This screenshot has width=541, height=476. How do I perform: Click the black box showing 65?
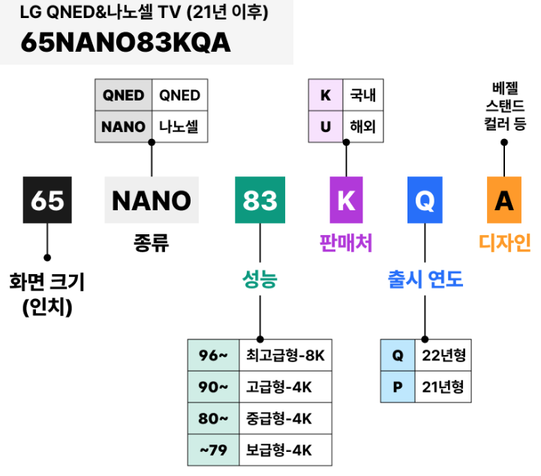click(x=47, y=200)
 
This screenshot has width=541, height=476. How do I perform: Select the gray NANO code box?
click(x=152, y=200)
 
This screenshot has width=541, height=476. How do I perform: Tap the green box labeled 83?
click(x=260, y=200)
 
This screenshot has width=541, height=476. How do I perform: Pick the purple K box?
click(x=346, y=200)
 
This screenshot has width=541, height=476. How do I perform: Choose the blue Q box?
click(x=425, y=200)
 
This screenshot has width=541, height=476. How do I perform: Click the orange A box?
click(x=504, y=200)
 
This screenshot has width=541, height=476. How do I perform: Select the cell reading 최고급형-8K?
click(x=285, y=355)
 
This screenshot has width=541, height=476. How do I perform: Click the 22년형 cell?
click(x=443, y=355)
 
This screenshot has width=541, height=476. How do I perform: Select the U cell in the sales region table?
click(x=326, y=126)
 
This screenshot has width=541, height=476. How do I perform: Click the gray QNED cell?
click(x=124, y=95)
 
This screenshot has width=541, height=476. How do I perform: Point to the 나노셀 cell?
click(x=179, y=126)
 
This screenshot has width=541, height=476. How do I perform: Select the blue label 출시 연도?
click(x=425, y=280)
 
